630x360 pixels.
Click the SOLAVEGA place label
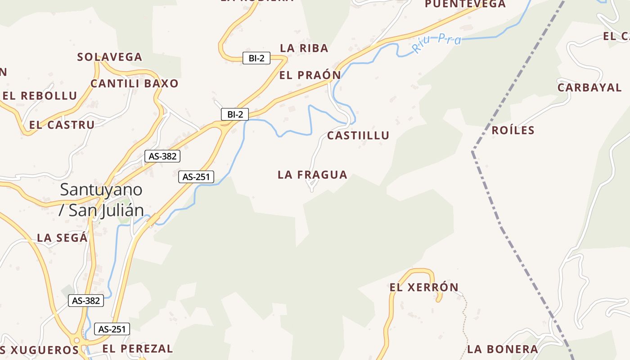[x=110, y=57]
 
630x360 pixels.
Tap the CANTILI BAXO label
[x=135, y=83]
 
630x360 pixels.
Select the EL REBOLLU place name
[x=40, y=96]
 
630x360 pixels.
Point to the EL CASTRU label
[x=62, y=125]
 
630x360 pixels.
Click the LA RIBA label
[x=304, y=48]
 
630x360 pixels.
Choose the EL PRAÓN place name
[x=310, y=75]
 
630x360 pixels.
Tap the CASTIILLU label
[x=358, y=135]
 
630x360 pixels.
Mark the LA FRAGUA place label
[x=313, y=175]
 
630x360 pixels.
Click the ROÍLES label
[x=513, y=130]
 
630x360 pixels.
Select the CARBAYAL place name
[x=589, y=87]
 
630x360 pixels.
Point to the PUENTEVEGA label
[x=465, y=4]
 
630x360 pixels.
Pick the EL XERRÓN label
[x=424, y=287]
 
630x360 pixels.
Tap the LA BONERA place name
[x=503, y=349]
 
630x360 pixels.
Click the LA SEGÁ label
[x=62, y=238]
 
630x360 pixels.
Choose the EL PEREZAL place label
[x=138, y=348]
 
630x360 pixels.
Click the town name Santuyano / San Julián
[x=101, y=199]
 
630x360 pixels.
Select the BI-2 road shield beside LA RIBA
[x=256, y=58]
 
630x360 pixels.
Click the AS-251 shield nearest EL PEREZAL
[x=112, y=329]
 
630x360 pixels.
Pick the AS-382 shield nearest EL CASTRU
[x=162, y=156]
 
